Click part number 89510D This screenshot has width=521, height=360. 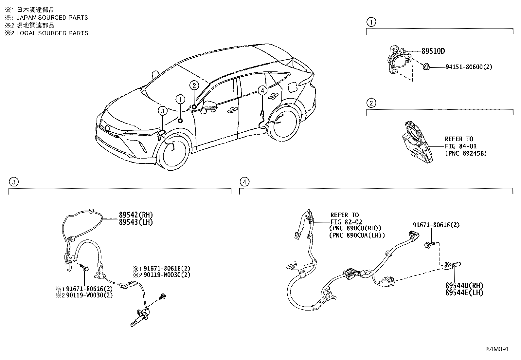433,51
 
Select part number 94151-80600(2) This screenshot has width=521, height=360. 469,67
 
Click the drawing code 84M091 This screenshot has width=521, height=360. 497,349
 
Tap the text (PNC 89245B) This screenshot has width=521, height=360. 465,153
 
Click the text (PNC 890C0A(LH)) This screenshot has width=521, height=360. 357,235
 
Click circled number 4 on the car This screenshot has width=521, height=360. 262,90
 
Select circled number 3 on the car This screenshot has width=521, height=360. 163,111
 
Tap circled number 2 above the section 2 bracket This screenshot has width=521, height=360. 371,103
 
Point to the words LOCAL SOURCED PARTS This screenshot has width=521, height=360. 52,33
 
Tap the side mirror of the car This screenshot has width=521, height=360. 210,106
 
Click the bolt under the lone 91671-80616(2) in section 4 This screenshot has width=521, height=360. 428,244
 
